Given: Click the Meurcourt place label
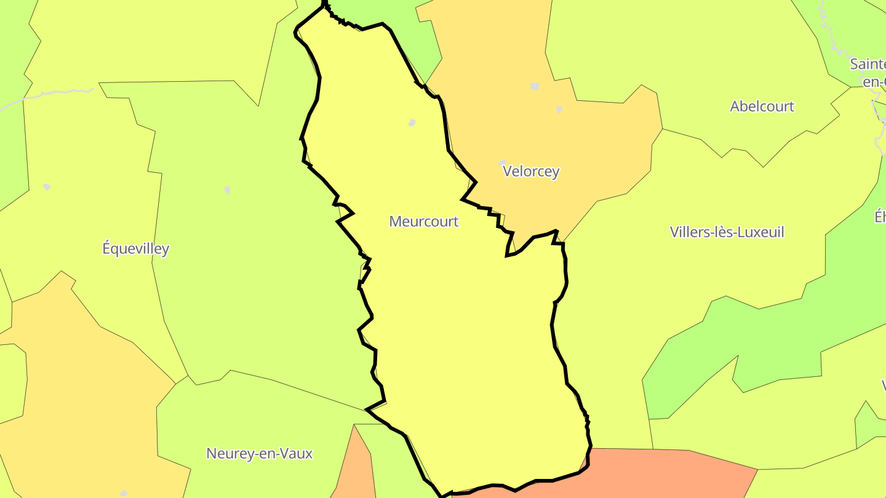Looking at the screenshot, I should coord(424,221).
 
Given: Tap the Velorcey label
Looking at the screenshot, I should coord(531,171).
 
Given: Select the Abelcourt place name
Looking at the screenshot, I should coord(762,106).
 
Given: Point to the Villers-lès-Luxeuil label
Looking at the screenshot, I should coord(727,232).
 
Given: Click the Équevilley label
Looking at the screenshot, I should coord(135,249).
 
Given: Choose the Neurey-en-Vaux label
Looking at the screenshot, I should coord(259,454).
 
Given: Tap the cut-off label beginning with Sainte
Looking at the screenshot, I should coord(868,64).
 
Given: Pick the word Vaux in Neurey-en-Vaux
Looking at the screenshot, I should coord(297,454).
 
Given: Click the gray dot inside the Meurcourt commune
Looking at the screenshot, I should coord(412,123).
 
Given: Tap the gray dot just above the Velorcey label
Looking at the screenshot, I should coord(502,163).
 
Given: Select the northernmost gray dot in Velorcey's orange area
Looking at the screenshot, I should coord(534,87).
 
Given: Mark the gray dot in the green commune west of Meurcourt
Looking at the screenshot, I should coord(227,190).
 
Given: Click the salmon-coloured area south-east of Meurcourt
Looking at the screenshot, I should coord(664,470).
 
